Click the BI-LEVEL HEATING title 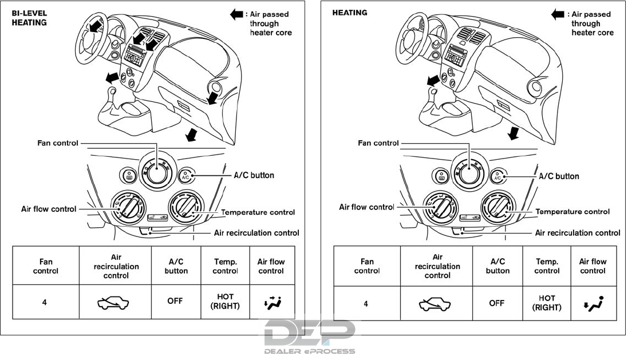(x=30, y=18)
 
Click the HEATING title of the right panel (x=350, y=13)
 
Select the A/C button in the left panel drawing (x=185, y=176)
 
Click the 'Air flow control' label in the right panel (x=367, y=207)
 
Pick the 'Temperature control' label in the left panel (x=258, y=212)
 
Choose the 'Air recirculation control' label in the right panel (x=578, y=233)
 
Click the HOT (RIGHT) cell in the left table (x=225, y=302)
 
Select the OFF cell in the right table (x=496, y=303)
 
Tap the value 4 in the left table (x=45, y=302)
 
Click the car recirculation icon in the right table (x=437, y=303)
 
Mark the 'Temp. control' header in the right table (x=547, y=266)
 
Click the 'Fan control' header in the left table (x=45, y=266)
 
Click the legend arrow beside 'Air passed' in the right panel (x=558, y=14)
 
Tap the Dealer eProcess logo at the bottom (x=310, y=337)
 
